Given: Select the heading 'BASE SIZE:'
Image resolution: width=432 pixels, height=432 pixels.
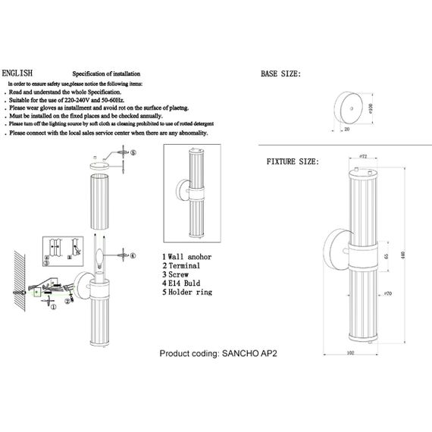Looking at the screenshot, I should tap(281, 74).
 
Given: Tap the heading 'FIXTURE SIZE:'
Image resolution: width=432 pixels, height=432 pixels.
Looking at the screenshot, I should tap(292, 162).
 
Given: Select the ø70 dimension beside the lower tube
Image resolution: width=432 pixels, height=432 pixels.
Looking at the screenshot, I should tap(387, 293).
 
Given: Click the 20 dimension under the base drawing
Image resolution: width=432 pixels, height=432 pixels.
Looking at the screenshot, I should tap(346, 129).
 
